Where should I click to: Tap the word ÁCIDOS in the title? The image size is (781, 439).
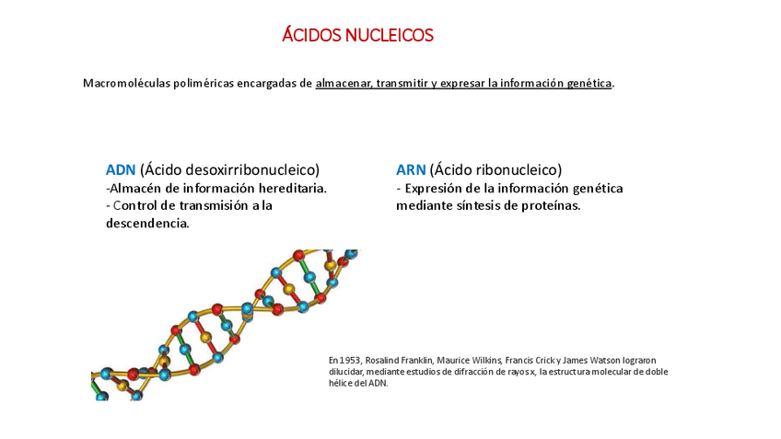(311, 36)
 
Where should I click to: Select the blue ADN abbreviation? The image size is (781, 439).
(121, 169)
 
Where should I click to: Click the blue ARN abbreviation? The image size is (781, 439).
(411, 169)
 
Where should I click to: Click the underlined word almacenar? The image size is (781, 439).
(344, 84)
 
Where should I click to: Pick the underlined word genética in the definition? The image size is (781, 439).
(589, 84)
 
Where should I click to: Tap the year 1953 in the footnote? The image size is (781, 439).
(350, 360)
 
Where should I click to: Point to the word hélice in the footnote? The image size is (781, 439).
(342, 383)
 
